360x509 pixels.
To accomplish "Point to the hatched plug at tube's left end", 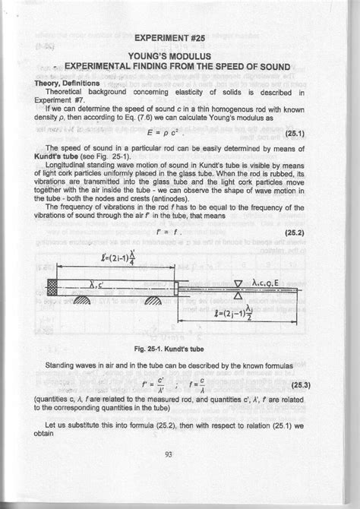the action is point(52,288).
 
